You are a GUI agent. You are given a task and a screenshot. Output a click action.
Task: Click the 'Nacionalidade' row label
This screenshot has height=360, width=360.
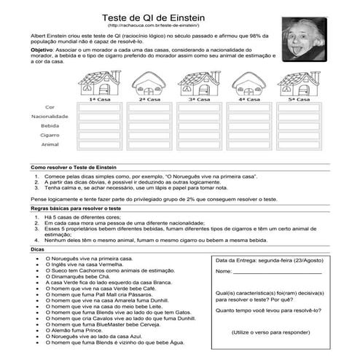coord(50,117)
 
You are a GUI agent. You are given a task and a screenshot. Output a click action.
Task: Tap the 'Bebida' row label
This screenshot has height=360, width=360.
coord(50,126)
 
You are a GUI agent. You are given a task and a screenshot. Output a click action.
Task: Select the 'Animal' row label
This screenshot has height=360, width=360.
coord(50,144)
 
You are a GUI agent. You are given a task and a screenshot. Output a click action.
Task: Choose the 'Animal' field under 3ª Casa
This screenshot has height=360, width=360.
coord(200,144)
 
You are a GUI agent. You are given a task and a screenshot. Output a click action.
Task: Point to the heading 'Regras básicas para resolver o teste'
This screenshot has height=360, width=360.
coord(76,208)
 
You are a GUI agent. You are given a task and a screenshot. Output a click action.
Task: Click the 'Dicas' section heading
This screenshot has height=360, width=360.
coord(38,249)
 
